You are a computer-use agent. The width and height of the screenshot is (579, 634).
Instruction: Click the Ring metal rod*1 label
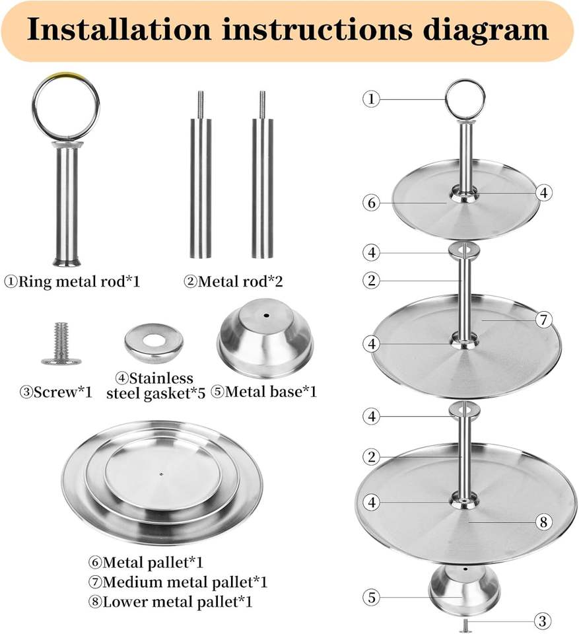click(72, 281)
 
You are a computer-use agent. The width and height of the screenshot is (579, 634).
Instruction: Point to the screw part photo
click(61, 343)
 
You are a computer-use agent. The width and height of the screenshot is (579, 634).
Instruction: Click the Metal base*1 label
click(264, 392)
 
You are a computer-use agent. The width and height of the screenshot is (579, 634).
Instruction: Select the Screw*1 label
click(56, 392)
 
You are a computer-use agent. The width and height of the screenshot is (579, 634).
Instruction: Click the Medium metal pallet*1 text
click(178, 582)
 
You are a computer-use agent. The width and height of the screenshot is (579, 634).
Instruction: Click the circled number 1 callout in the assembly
click(372, 99)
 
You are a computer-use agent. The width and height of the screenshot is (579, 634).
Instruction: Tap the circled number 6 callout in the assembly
click(372, 203)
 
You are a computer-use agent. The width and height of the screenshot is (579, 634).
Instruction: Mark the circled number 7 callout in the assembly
click(542, 320)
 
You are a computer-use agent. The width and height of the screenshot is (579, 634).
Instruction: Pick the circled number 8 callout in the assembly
click(542, 522)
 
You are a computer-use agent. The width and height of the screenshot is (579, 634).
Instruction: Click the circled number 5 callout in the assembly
click(372, 598)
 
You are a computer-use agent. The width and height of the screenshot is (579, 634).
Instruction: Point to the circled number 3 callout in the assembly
click(542, 621)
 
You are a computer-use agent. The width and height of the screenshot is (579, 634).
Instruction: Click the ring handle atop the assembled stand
click(465, 99)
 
